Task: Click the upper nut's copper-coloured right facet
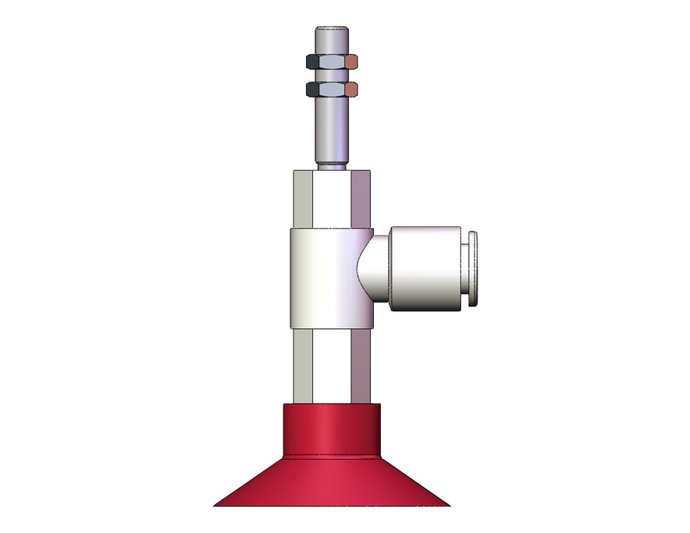coord(352,61)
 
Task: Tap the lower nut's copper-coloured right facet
coord(352,90)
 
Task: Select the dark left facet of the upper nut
coord(312,61)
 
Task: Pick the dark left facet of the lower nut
coord(312,90)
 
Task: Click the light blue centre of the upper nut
coord(332,61)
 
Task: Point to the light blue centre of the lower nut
coord(332,90)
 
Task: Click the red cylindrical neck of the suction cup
coord(331,430)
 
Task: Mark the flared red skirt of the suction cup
coord(331,484)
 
